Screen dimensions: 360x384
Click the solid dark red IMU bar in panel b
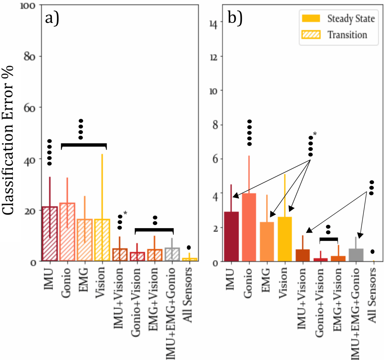[232, 236]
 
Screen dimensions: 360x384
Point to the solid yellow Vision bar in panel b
[285, 239]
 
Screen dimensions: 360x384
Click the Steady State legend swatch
[311, 18]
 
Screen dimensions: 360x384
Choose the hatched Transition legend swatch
[311, 35]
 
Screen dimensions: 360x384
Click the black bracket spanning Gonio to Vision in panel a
[84, 145]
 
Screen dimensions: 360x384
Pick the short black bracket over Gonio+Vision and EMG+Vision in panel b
[329, 239]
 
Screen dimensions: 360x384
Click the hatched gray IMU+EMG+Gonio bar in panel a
[172, 254]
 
